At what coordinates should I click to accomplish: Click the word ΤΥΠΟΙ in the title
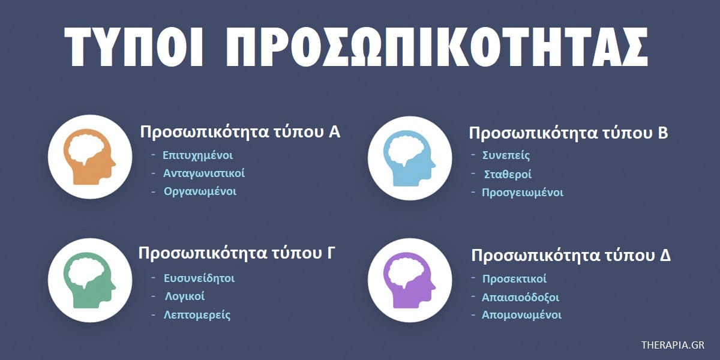click(134, 47)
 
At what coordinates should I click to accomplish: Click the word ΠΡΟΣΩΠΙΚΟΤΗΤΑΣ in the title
click(437, 47)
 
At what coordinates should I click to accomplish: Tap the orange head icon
click(89, 157)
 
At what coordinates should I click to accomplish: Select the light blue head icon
click(409, 158)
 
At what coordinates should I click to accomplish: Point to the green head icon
click(89, 280)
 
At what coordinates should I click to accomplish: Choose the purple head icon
click(409, 280)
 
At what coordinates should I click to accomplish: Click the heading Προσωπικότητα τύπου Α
click(240, 132)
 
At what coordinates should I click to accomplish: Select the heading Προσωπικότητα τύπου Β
click(568, 133)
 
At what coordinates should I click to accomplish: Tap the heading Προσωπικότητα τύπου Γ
click(236, 253)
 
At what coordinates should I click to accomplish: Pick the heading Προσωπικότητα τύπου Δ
click(571, 256)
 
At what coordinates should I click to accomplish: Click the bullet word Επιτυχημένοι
click(197, 155)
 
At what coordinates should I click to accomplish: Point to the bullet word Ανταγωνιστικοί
click(204, 173)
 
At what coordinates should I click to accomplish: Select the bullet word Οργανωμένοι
click(200, 191)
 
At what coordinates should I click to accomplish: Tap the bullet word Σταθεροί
click(508, 175)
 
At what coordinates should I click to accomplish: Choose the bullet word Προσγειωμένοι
click(523, 193)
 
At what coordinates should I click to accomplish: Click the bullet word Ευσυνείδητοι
click(199, 278)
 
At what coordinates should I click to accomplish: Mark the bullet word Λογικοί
click(185, 296)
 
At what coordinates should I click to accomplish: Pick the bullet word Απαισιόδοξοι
click(520, 298)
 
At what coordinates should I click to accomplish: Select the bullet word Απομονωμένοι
click(521, 316)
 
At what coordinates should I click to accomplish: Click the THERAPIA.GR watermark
click(673, 345)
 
